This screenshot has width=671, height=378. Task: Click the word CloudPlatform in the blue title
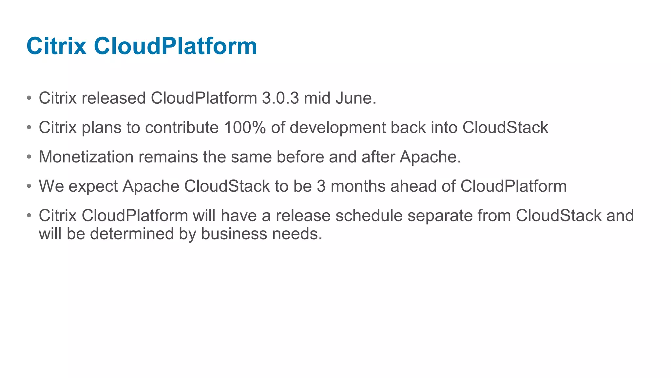point(175,46)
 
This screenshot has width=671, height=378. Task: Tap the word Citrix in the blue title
point(56,46)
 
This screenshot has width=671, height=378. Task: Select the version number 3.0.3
point(280,98)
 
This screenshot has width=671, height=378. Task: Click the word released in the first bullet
point(114,98)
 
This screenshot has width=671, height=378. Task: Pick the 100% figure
point(245,127)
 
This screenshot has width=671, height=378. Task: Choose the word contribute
point(182,127)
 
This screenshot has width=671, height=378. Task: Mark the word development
point(338,128)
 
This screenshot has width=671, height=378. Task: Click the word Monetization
point(86,157)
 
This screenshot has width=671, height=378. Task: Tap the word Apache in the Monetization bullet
point(430,157)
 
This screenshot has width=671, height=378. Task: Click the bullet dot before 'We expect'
point(29,186)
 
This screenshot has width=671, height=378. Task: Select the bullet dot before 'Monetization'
point(29,157)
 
